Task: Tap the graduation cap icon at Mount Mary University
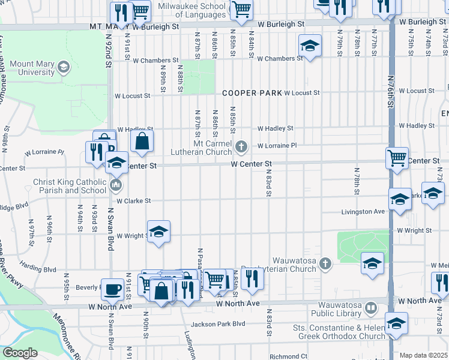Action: tap(63, 68)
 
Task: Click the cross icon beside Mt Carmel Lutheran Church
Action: tap(241, 146)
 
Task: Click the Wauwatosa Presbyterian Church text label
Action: tap(294, 265)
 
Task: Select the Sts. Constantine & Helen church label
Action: tap(339, 332)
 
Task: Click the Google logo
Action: tap(20, 353)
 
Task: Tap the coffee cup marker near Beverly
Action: tap(112, 289)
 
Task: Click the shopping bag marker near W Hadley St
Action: tap(142, 141)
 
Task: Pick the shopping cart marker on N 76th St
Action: tap(397, 158)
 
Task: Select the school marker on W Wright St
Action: tap(158, 232)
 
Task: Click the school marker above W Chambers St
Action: tap(310, 46)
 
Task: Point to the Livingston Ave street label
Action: tap(363, 212)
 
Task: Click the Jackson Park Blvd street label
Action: tap(223, 323)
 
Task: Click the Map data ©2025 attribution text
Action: tap(424, 355)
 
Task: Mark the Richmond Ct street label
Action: tap(288, 356)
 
